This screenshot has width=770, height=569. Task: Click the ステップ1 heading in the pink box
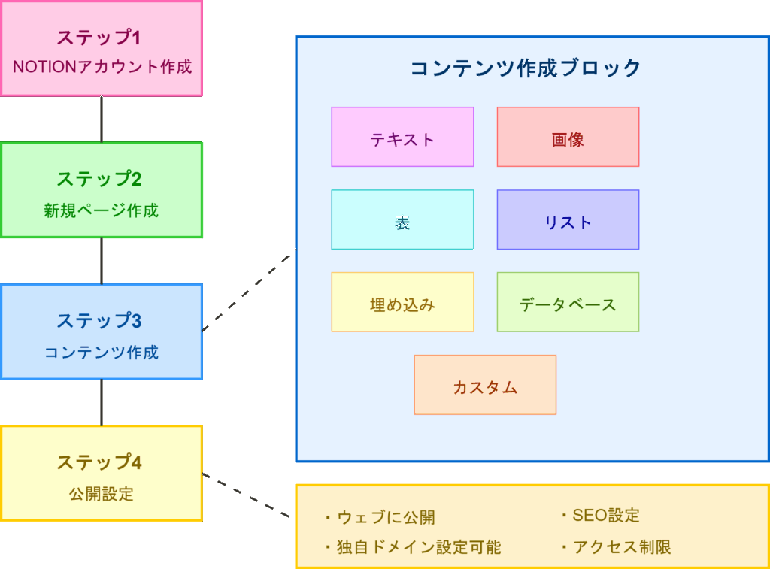pyautogui.click(x=99, y=38)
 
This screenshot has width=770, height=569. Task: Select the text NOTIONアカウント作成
pyautogui.click(x=102, y=66)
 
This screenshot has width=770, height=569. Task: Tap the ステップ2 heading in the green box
pyautogui.click(x=99, y=179)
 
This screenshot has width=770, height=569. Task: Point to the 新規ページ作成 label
pyautogui.click(x=102, y=210)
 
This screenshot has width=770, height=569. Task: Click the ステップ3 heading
pyautogui.click(x=99, y=321)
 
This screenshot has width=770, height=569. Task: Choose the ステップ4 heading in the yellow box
pyautogui.click(x=99, y=462)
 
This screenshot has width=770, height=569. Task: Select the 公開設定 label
pyautogui.click(x=102, y=494)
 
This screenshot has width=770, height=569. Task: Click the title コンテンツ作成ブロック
pyautogui.click(x=526, y=68)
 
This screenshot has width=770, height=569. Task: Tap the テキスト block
pyautogui.click(x=403, y=137)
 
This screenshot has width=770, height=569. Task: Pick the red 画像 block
pyautogui.click(x=568, y=137)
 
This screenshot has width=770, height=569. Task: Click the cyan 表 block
pyautogui.click(x=403, y=219)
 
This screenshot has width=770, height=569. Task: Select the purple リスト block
pyautogui.click(x=568, y=219)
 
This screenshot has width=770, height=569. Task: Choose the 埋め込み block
pyautogui.click(x=403, y=302)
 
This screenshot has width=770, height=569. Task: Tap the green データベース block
pyautogui.click(x=568, y=302)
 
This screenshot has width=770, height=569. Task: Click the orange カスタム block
pyautogui.click(x=485, y=385)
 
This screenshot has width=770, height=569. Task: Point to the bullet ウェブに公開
pyautogui.click(x=380, y=517)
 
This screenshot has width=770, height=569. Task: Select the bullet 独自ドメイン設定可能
pyautogui.click(x=413, y=547)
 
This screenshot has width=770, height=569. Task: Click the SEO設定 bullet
pyautogui.click(x=600, y=516)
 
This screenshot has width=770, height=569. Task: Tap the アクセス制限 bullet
pyautogui.click(x=616, y=547)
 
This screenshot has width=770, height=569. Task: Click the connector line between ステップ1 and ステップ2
pyautogui.click(x=102, y=120)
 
